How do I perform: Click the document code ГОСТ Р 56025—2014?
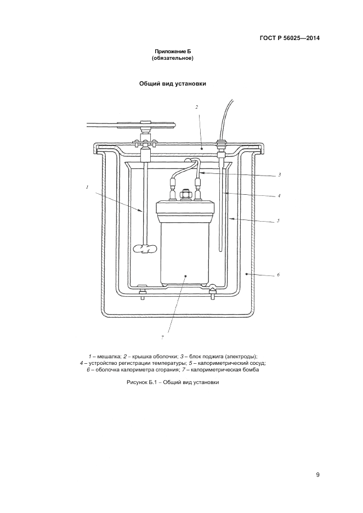(290, 38)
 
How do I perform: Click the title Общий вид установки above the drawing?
(172, 84)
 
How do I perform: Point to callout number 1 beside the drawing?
(87, 187)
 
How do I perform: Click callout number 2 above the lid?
(196, 108)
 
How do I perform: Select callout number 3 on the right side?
(279, 175)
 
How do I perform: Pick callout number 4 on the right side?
(279, 196)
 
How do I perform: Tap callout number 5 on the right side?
(278, 221)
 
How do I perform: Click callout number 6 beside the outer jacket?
(278, 274)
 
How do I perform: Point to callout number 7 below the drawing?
(162, 337)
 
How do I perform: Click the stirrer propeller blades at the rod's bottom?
(145, 249)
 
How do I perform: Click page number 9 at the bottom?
(317, 475)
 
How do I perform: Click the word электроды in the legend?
(241, 356)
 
